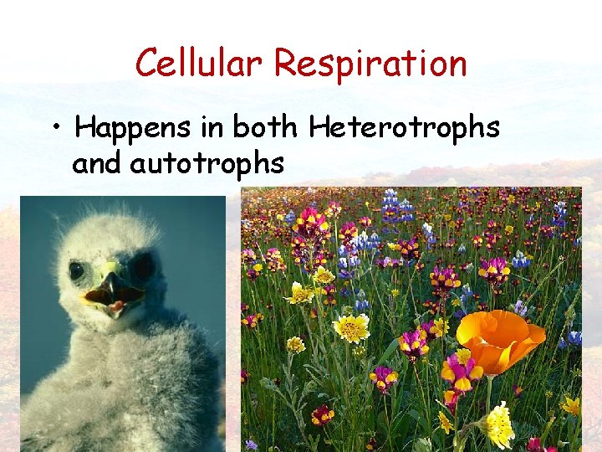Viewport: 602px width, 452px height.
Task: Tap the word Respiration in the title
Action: [370, 64]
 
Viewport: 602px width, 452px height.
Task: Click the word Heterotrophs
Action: [404, 127]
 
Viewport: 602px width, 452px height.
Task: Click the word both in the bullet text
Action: [264, 127]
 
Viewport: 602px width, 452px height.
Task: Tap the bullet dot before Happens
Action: [55, 128]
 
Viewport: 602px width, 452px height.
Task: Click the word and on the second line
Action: [97, 163]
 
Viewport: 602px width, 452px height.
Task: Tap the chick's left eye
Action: [77, 270]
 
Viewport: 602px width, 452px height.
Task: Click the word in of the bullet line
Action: [214, 127]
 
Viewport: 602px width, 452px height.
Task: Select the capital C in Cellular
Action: [147, 63]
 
